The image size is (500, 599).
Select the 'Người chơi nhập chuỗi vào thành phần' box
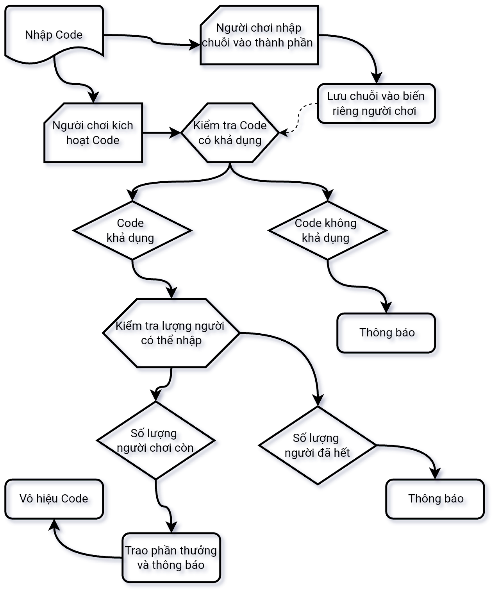point(259,35)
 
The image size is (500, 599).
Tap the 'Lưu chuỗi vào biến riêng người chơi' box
point(376,104)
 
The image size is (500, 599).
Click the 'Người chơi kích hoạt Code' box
point(93,133)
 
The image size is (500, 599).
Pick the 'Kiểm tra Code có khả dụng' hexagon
point(230,133)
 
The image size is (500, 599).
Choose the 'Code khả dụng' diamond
point(132,231)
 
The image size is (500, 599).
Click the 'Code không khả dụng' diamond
point(327,231)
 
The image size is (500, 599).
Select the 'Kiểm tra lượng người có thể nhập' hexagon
point(171,333)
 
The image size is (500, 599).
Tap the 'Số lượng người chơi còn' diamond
point(155,440)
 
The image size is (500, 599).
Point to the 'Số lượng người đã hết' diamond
point(318,445)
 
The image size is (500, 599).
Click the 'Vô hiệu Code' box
point(54,499)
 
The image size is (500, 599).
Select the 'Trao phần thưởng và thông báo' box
point(171,558)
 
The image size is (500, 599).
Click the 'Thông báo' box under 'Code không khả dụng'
point(386,333)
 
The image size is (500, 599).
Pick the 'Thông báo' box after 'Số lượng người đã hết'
point(435,499)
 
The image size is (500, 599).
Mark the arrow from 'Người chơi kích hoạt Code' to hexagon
point(160,133)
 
